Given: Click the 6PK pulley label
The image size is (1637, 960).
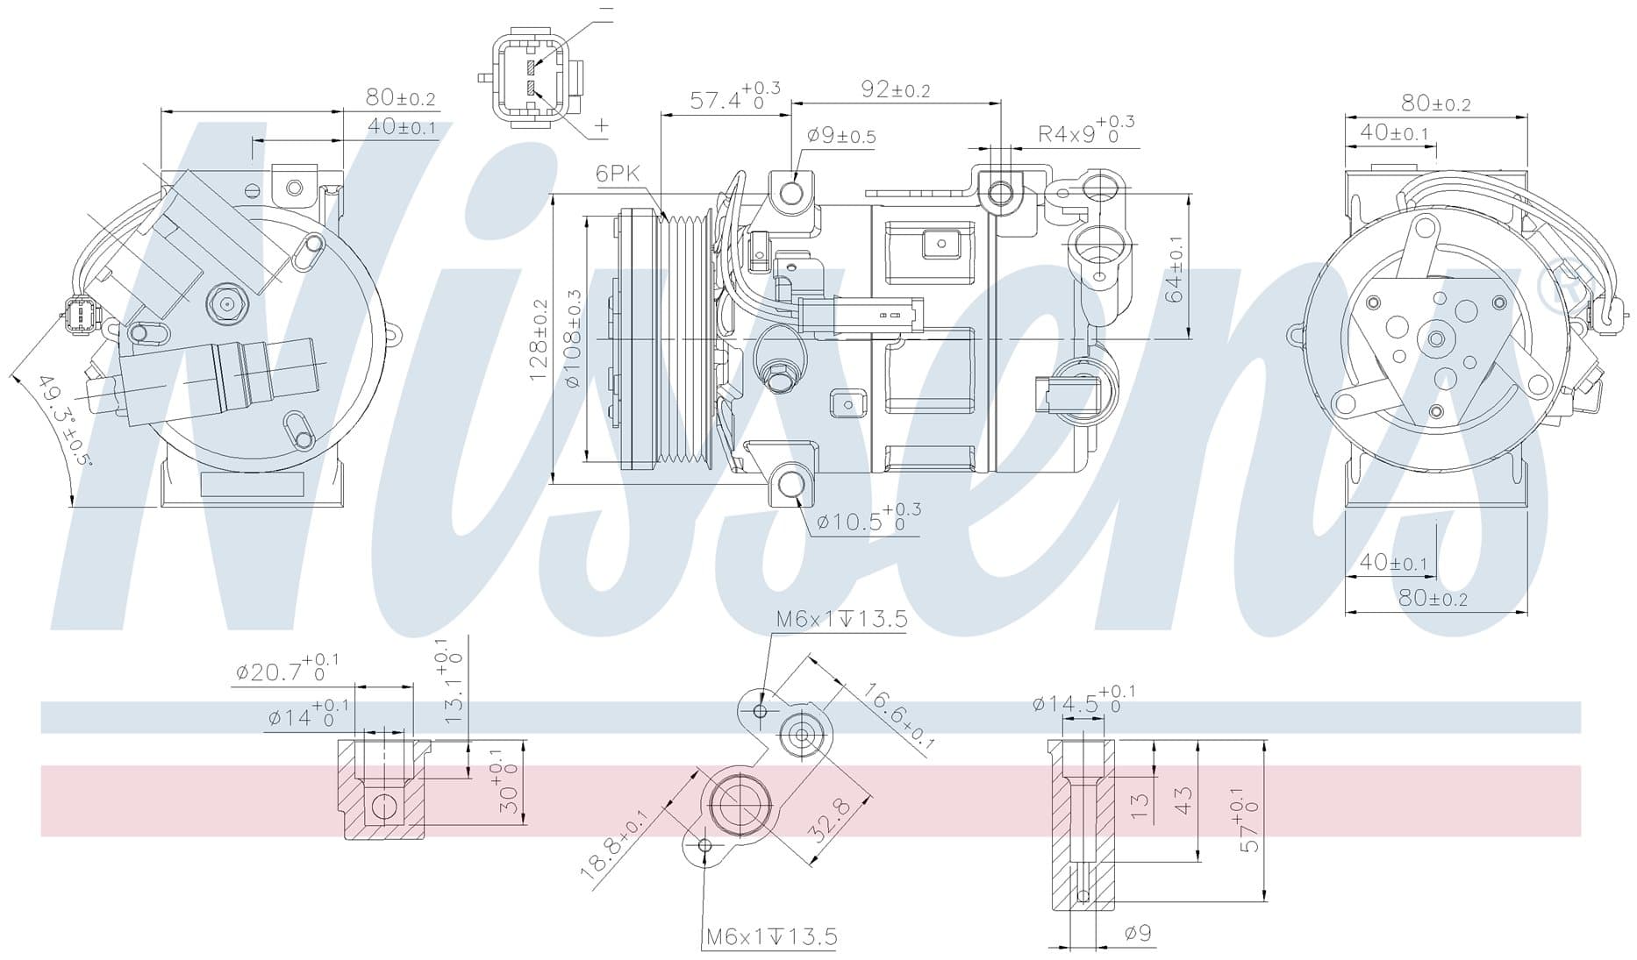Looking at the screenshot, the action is pyautogui.click(x=618, y=173).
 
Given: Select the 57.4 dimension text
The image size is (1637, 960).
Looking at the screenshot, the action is pyautogui.click(x=735, y=97).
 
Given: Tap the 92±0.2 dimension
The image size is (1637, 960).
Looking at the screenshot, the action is pyautogui.click(x=895, y=89).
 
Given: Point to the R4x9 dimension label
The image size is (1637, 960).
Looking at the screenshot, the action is pyautogui.click(x=1086, y=132).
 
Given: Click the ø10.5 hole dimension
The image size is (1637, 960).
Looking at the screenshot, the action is pyautogui.click(x=869, y=518).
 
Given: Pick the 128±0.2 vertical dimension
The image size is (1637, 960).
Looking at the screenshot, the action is pyautogui.click(x=538, y=339).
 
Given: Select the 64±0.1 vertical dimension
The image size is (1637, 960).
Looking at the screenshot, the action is pyautogui.click(x=1175, y=269).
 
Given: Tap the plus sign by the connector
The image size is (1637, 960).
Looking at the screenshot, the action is pyautogui.click(x=601, y=125).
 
